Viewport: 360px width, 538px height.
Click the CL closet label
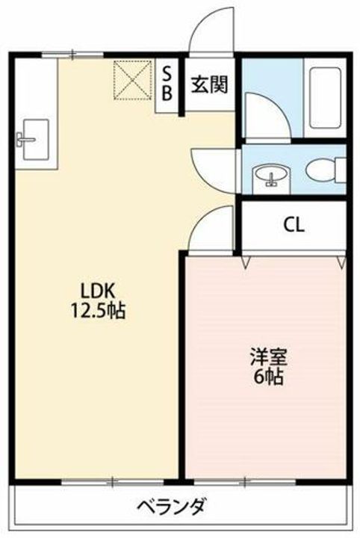click(293, 225)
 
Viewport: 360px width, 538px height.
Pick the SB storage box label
click(167, 83)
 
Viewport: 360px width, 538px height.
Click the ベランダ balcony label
click(171, 506)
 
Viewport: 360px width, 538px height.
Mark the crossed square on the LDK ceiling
click(132, 79)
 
